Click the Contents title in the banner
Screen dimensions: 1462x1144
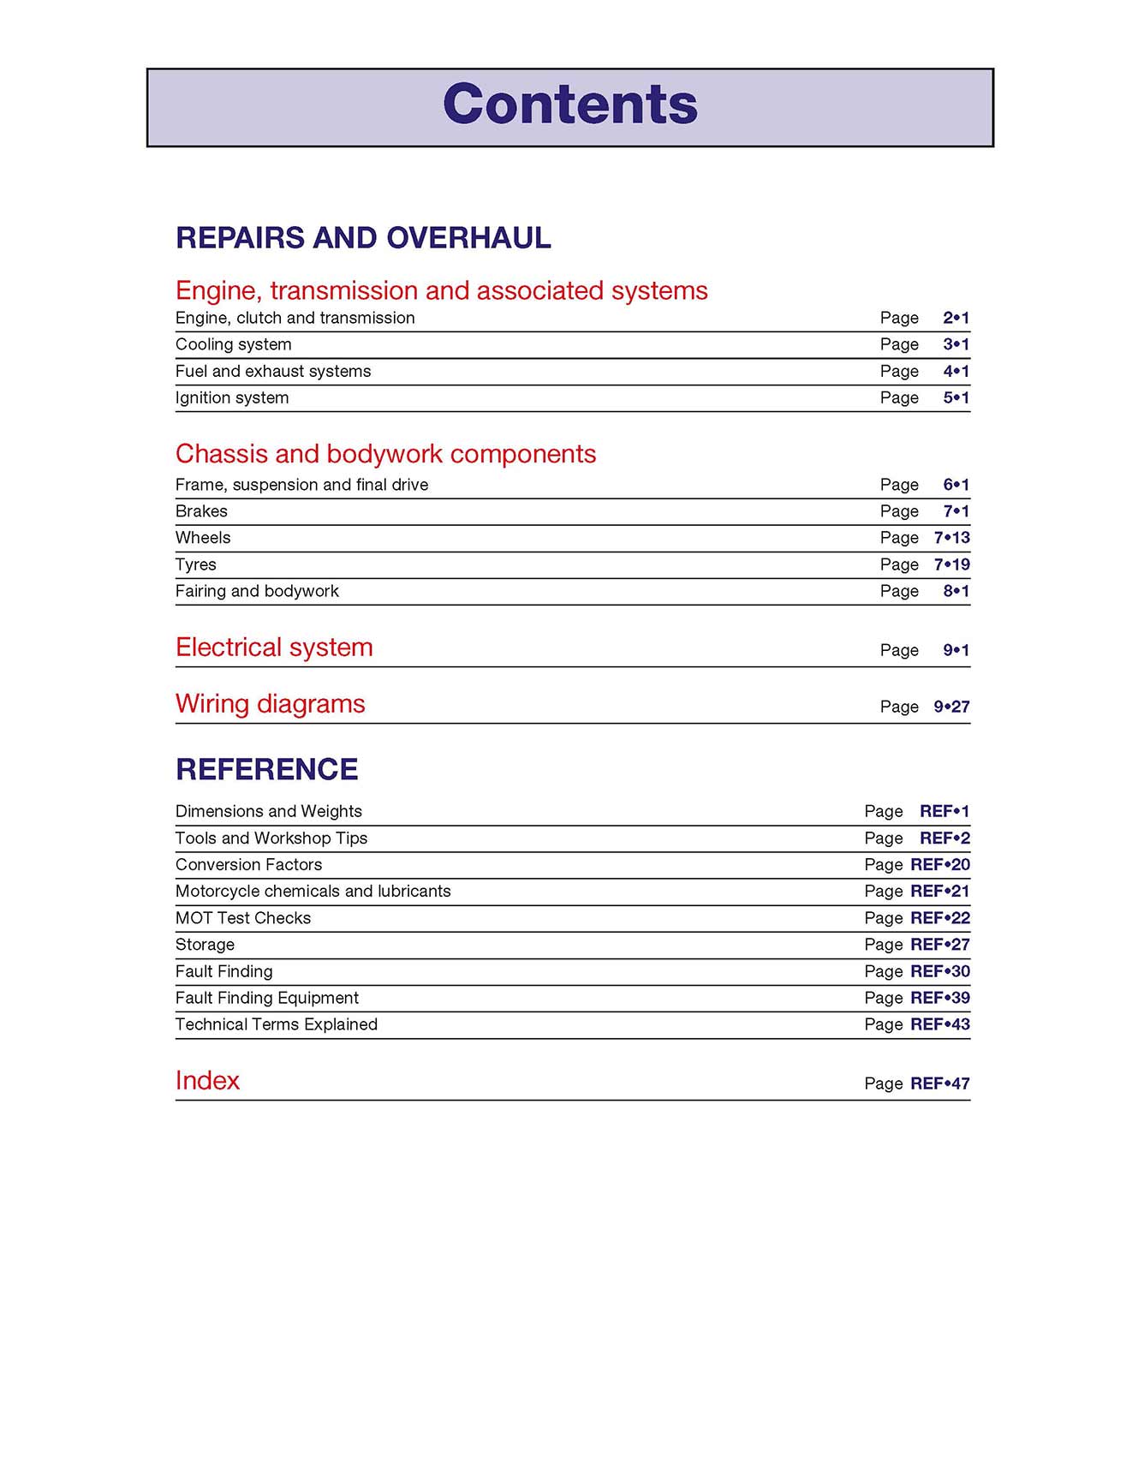pos(570,104)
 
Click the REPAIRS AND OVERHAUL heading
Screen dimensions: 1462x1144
pos(363,237)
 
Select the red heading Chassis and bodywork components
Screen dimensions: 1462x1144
pos(385,453)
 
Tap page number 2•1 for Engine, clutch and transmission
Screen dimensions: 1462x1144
pos(956,318)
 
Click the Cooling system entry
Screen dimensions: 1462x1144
pos(233,344)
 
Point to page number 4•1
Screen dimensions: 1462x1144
pos(956,371)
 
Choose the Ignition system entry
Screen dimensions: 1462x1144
pos(232,397)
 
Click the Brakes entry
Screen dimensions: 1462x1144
pos(201,511)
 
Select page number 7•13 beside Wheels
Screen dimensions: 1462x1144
pos(951,538)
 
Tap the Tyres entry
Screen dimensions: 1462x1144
pos(195,564)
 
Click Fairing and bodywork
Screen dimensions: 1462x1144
pos(257,591)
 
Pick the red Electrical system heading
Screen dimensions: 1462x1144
pos(274,647)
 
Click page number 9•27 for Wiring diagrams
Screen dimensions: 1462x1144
pos(951,707)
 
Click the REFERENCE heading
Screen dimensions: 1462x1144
pos(266,769)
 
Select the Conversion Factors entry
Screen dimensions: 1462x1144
pos(248,864)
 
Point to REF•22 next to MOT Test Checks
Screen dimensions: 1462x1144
pos(939,918)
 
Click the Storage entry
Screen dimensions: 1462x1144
pos(205,945)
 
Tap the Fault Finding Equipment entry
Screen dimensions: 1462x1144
pos(266,998)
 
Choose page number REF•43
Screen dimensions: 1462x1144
pos(939,1024)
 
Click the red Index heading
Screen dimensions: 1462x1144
pos(207,1081)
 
